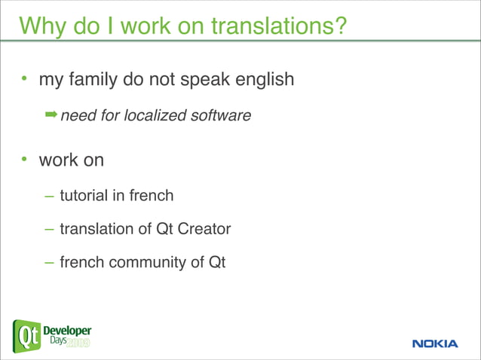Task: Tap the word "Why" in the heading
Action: tap(42, 27)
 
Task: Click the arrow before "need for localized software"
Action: tap(51, 114)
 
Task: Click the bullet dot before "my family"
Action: tap(24, 79)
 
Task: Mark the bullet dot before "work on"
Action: tap(24, 160)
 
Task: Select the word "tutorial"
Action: tap(84, 196)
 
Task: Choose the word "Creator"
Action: tap(204, 230)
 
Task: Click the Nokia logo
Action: tap(435, 343)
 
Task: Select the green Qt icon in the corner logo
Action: tap(27, 336)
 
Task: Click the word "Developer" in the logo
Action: tap(68, 331)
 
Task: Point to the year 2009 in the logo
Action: tap(78, 343)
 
